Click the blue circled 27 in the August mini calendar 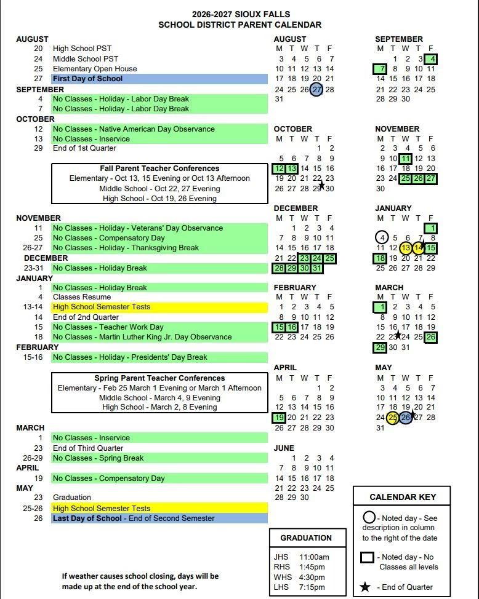(x=316, y=89)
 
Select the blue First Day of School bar (x=159, y=79)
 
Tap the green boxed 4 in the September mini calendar (x=430, y=59)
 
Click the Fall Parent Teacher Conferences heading (x=159, y=169)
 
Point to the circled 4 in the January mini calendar (x=382, y=238)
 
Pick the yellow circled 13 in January (x=405, y=248)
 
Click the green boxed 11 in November (x=405, y=159)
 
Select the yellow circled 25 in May (x=393, y=418)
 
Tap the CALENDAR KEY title (x=403, y=497)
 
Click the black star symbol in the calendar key (x=365, y=587)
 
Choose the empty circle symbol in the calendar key (x=369, y=518)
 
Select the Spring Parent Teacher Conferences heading (x=159, y=378)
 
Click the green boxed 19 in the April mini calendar (x=280, y=418)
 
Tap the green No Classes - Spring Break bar (x=159, y=458)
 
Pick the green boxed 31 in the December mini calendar (x=316, y=268)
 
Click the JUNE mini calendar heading (x=284, y=448)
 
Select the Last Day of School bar (x=159, y=518)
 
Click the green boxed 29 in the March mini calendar (x=380, y=347)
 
